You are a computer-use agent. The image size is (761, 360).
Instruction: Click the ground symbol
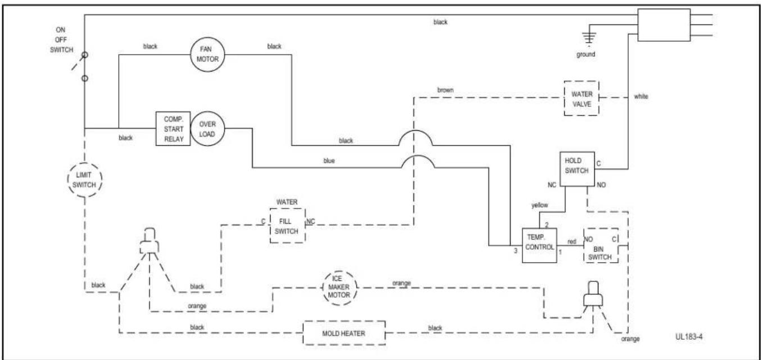589,38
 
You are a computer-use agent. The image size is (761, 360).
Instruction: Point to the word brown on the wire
445,90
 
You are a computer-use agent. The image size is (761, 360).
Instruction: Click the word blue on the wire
329,161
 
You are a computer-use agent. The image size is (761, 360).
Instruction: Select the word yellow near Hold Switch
540,205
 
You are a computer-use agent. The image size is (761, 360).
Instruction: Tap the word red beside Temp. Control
572,241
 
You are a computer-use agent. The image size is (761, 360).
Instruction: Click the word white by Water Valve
641,96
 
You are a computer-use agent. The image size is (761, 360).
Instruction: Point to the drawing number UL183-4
689,337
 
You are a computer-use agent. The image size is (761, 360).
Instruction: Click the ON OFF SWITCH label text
61,40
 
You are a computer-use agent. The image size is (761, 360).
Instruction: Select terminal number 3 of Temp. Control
515,251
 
